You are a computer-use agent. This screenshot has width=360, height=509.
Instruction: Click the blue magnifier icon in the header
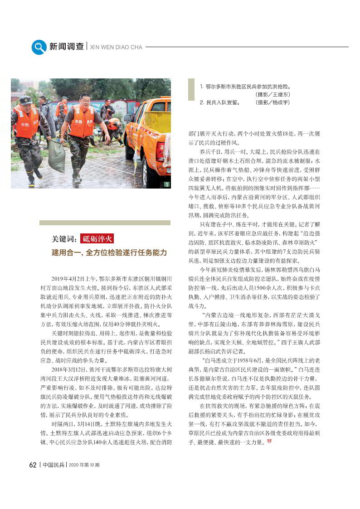point(39,47)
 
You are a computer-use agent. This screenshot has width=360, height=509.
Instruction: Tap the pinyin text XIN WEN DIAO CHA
point(117,47)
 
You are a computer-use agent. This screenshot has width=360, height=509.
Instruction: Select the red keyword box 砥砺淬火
point(97,239)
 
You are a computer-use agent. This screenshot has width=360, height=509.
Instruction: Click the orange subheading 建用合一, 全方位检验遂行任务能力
point(109,252)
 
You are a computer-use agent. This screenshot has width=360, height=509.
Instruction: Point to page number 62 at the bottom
point(33,465)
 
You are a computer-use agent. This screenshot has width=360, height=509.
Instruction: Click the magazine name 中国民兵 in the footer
point(54,465)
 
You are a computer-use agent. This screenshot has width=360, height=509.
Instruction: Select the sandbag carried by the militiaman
point(57,156)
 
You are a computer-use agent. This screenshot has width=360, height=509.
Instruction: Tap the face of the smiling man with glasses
point(84,101)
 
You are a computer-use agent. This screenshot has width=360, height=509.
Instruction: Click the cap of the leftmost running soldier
point(26,100)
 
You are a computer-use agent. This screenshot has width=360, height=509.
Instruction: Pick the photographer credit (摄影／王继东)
point(273,94)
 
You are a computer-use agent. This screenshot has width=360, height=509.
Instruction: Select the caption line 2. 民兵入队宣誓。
point(221,103)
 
